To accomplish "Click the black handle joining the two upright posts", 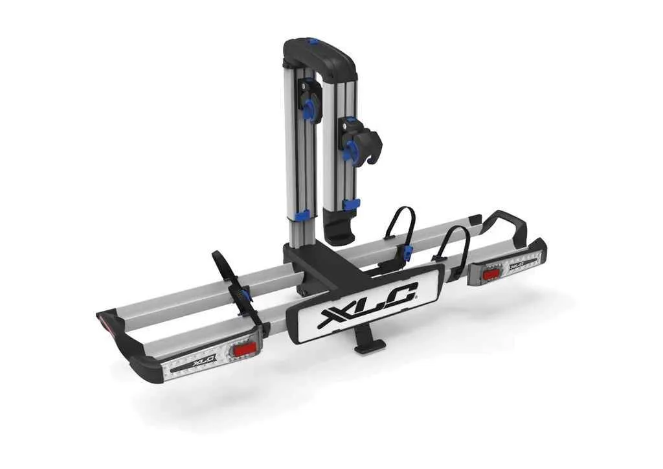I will click(320, 55).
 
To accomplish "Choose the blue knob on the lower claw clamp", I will click(351, 150).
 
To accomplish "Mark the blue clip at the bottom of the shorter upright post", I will click(351, 204).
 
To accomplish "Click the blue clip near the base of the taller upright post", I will click(302, 216).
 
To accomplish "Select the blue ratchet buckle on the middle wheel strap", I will click(407, 252).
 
